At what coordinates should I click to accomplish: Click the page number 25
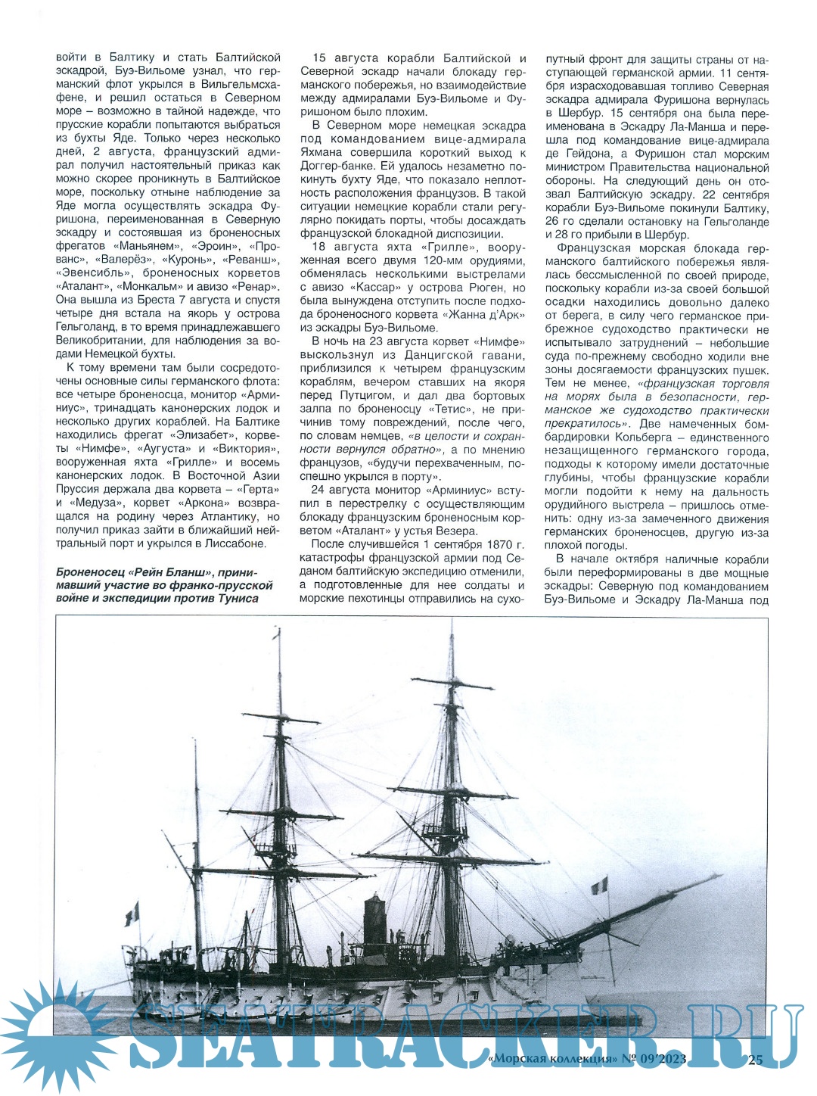tap(755, 1060)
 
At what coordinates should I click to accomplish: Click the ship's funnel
tap(374, 919)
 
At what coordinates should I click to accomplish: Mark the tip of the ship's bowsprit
tap(719, 876)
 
